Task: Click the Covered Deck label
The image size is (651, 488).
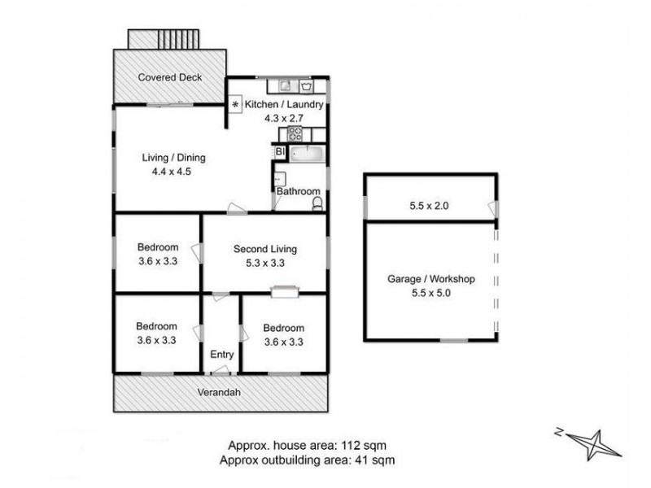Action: (169, 78)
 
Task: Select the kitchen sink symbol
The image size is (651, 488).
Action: (286, 84)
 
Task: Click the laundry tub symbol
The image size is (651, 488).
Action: (308, 84)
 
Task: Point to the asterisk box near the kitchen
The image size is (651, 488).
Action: (235, 106)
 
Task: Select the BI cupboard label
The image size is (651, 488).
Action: (279, 152)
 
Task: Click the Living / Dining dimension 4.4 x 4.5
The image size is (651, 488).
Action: (171, 172)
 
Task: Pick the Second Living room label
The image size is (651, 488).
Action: (264, 249)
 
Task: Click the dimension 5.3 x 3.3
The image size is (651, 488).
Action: (264, 263)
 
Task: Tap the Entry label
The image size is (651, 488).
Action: (221, 355)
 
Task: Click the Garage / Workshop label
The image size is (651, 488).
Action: (430, 279)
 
